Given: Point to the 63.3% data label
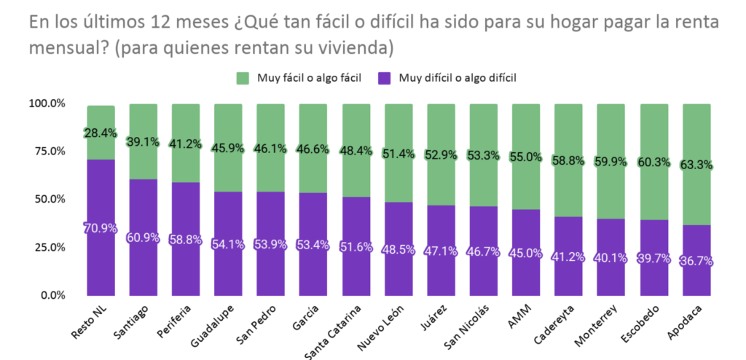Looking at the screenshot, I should coord(696,165).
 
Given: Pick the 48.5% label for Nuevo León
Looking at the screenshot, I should coord(398,249).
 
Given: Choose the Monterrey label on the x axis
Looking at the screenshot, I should coord(597,326).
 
